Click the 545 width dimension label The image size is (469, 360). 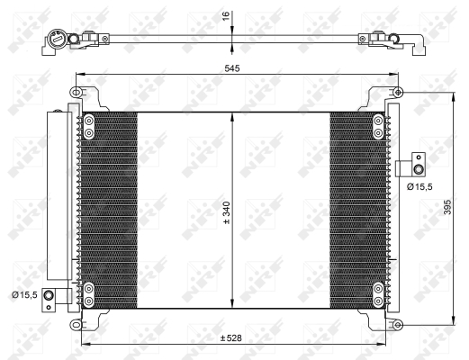(232, 68)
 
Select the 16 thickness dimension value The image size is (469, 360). (226, 15)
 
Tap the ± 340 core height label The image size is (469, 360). (227, 212)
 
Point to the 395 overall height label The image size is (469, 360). (447, 207)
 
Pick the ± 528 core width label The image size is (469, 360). (231, 338)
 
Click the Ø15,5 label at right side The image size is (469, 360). (419, 187)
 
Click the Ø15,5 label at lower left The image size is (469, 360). (24, 295)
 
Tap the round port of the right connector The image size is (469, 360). (418, 170)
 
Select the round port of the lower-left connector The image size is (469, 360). (48, 296)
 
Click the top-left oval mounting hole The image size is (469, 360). (76, 92)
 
